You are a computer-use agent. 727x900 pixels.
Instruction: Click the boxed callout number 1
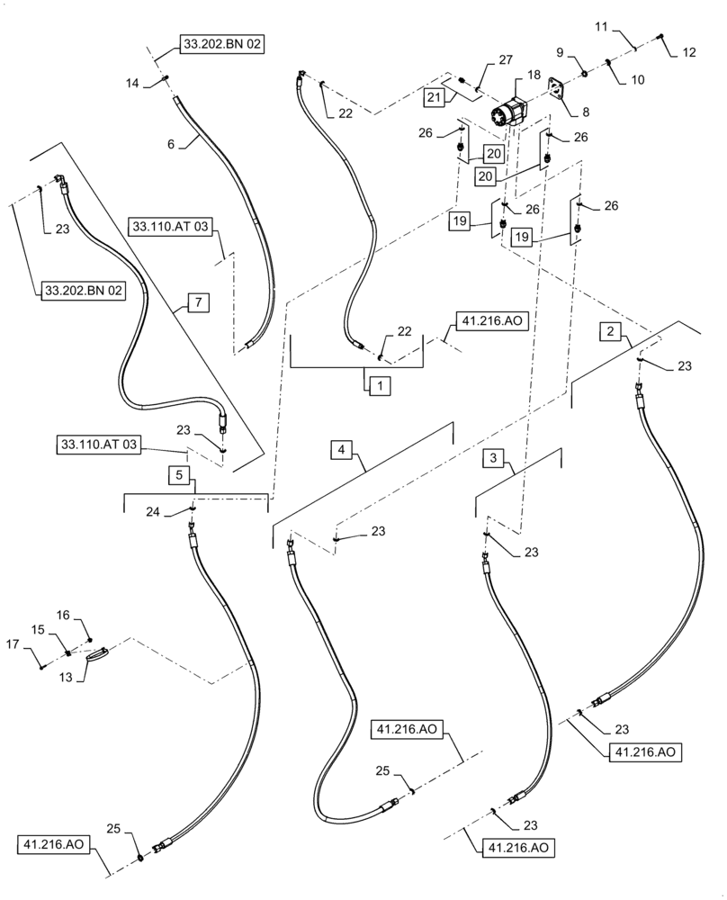click(x=379, y=385)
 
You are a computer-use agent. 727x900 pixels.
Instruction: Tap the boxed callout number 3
click(x=494, y=458)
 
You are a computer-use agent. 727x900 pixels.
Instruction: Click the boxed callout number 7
click(x=198, y=301)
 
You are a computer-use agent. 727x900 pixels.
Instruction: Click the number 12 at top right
click(x=688, y=53)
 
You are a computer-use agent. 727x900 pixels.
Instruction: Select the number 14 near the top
click(x=132, y=84)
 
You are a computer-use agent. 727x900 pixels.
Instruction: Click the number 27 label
click(x=505, y=60)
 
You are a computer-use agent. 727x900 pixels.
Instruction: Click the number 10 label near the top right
click(x=637, y=79)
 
